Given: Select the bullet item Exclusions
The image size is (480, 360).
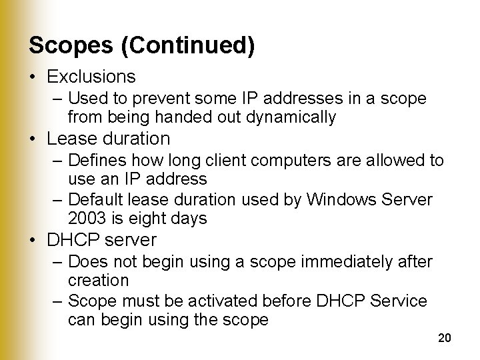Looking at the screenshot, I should tap(91, 77).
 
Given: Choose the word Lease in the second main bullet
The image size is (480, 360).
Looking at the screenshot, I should tap(71, 139).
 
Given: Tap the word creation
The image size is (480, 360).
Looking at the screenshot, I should tap(98, 280).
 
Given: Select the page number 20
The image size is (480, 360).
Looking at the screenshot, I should tap(445, 339).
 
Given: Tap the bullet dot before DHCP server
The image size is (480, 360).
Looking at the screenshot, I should tap(33, 240).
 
